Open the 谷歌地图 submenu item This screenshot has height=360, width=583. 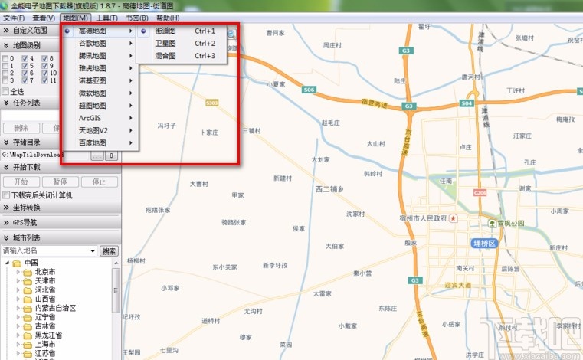point(93,44)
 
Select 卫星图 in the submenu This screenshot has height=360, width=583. point(165,44)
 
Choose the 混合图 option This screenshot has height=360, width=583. point(165,56)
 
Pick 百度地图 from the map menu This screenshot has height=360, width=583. point(93,142)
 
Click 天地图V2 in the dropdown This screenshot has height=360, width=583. point(93,130)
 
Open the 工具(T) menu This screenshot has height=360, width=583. point(106,18)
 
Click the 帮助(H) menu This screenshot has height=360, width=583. point(168,18)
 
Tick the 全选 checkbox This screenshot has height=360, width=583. point(6,91)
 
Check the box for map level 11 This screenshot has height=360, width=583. point(45,80)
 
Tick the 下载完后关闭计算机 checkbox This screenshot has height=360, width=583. point(6,195)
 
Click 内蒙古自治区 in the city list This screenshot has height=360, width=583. point(55,308)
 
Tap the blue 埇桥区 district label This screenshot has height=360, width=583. point(484,242)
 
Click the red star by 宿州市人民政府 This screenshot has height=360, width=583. point(454,218)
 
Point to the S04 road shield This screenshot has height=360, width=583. point(309,90)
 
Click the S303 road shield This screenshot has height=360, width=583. point(212,101)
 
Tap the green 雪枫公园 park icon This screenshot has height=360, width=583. point(493,223)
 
